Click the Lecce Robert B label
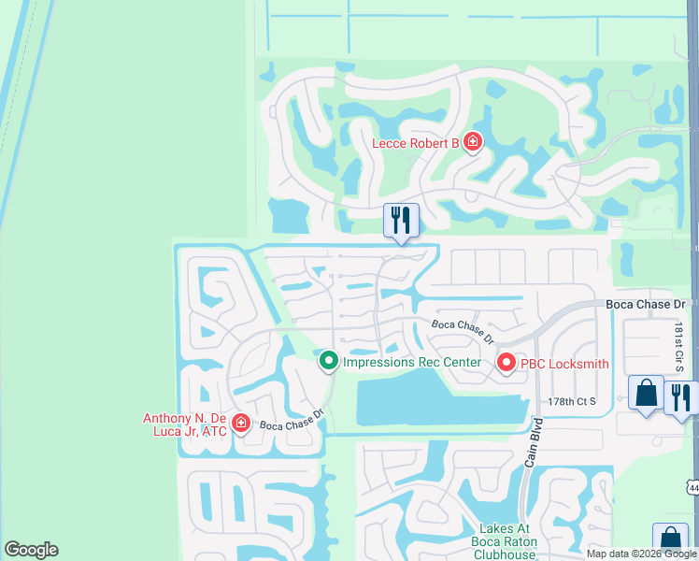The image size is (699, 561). click(416, 143)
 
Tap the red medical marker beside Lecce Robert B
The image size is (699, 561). click(473, 142)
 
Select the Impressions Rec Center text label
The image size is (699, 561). click(412, 362)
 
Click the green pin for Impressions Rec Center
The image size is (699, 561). click(328, 360)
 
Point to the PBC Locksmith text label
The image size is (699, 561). click(564, 364)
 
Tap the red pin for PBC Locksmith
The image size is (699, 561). click(506, 362)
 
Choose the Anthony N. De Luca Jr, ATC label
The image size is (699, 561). click(185, 425)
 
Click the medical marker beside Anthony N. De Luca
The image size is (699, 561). click(241, 424)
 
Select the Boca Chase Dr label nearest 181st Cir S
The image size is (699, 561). click(646, 305)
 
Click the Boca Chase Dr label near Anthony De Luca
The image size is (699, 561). click(292, 418)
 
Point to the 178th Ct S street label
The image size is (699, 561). click(572, 401)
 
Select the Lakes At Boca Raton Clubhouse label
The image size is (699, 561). click(492, 535)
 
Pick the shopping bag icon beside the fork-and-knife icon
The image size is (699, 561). click(646, 393)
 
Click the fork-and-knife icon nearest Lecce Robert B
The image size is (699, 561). click(401, 221)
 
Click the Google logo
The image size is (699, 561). click(31, 550)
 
